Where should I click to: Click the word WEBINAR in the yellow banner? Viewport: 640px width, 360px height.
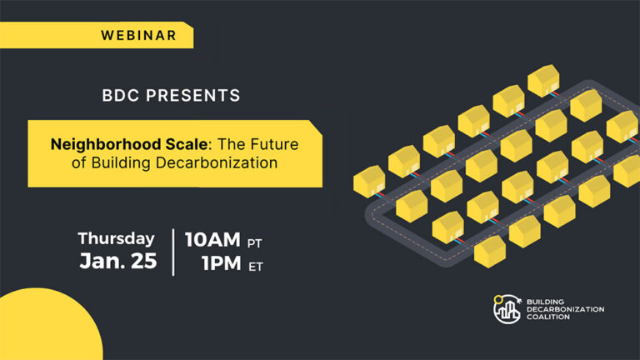tap(138, 35)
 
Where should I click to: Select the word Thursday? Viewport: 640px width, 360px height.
tap(117, 238)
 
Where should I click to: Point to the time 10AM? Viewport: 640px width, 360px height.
tap(212, 240)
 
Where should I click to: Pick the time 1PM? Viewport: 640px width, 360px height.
tap(217, 263)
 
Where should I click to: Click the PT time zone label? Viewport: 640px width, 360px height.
tap(257, 242)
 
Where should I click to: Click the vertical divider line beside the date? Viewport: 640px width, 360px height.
tap(173, 251)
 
